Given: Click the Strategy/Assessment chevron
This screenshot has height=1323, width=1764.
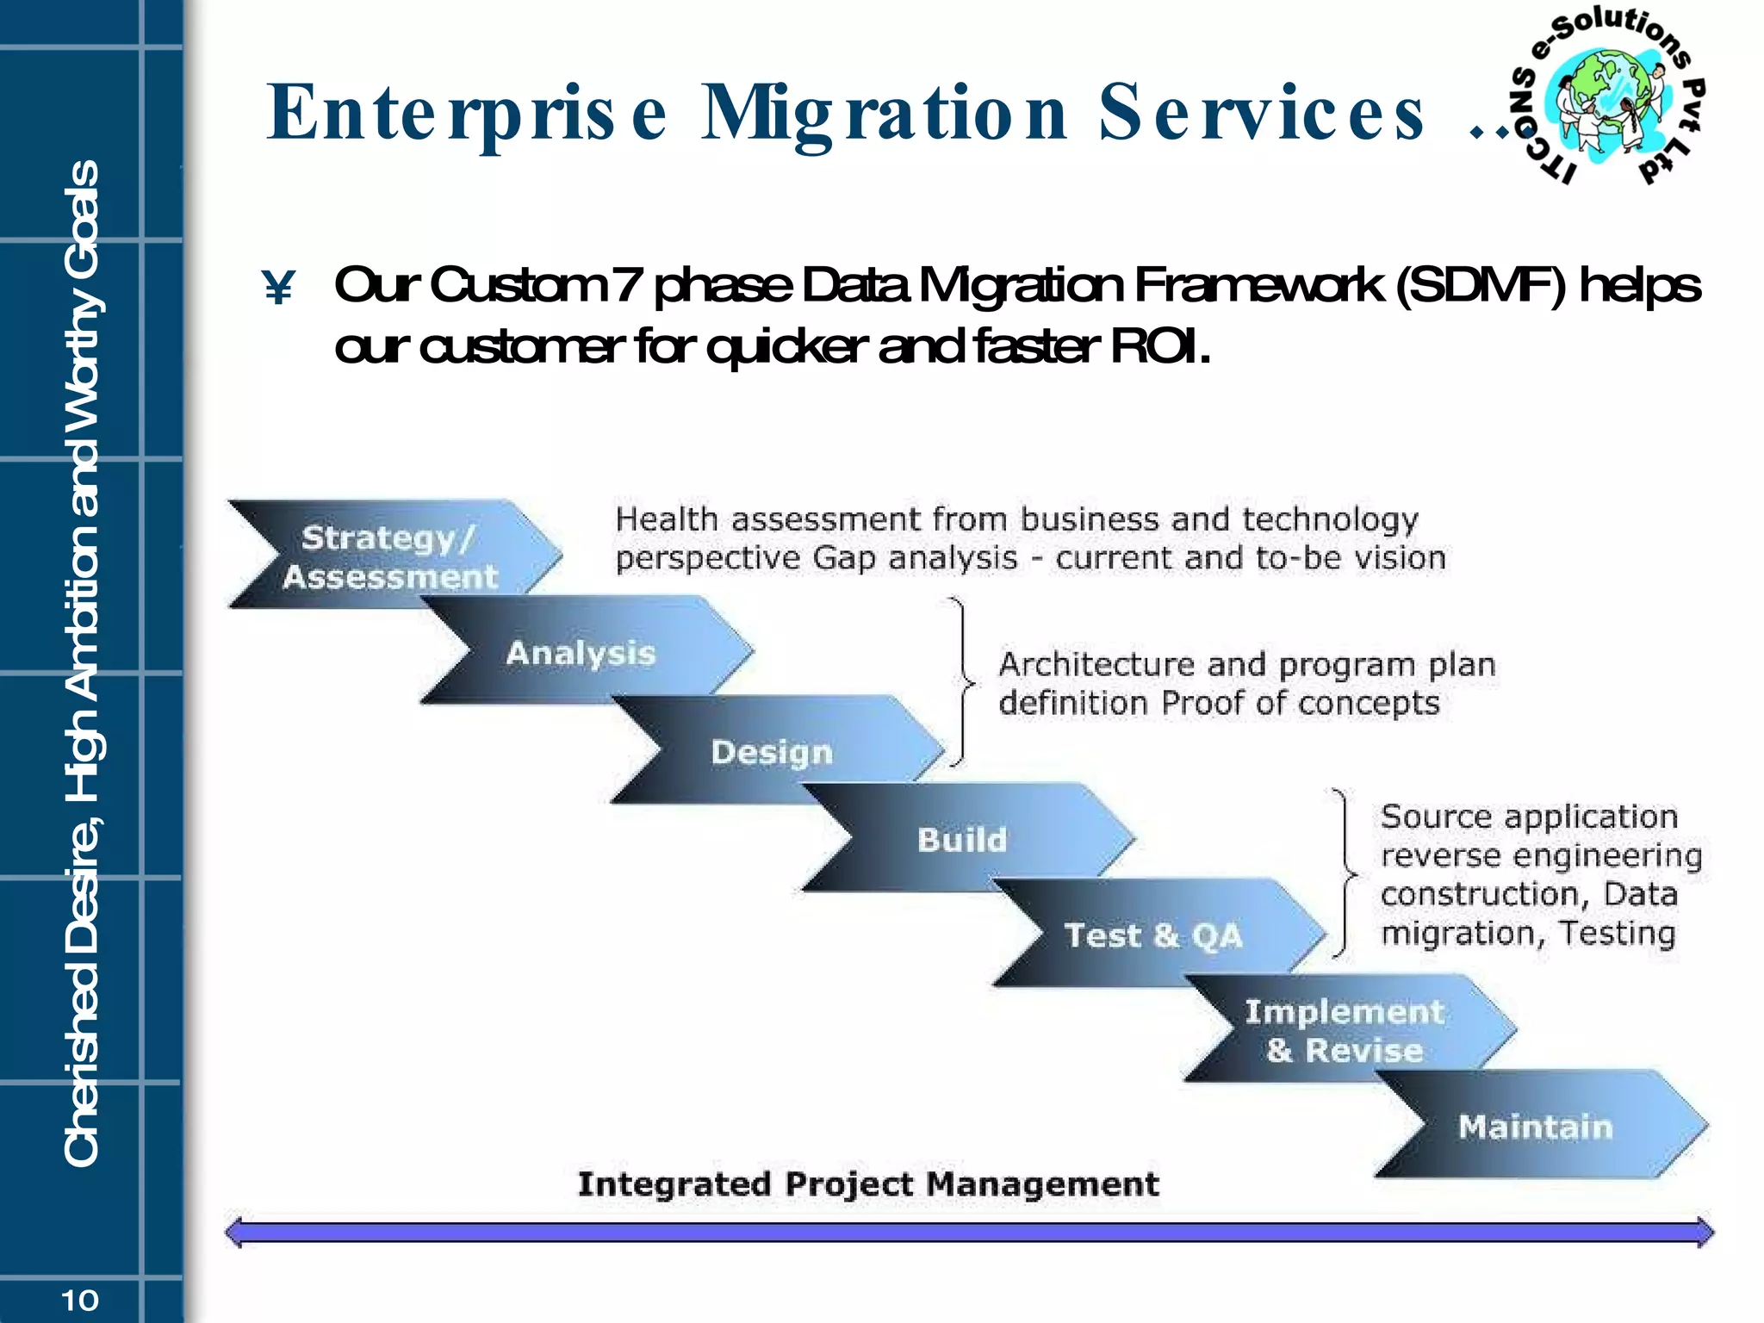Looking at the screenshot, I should [392, 556].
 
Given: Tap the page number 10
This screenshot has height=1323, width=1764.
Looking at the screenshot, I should [80, 1300].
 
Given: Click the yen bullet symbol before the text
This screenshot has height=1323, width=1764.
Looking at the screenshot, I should [279, 288].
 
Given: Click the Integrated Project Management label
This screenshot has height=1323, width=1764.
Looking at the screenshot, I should [868, 1183].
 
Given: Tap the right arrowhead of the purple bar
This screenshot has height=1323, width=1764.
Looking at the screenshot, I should [1704, 1232].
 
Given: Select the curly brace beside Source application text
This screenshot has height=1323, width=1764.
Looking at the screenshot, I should [1344, 873].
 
